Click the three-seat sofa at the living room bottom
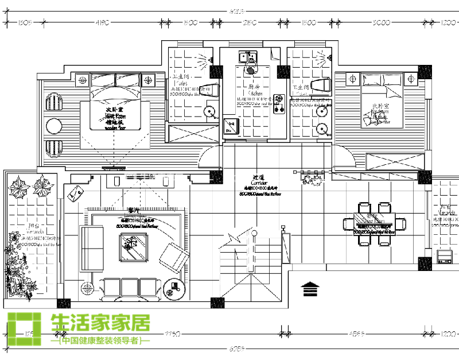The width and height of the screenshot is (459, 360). point(130,288)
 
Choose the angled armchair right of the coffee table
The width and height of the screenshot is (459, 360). point(174,257)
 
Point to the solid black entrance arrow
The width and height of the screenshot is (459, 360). point(309,287)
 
